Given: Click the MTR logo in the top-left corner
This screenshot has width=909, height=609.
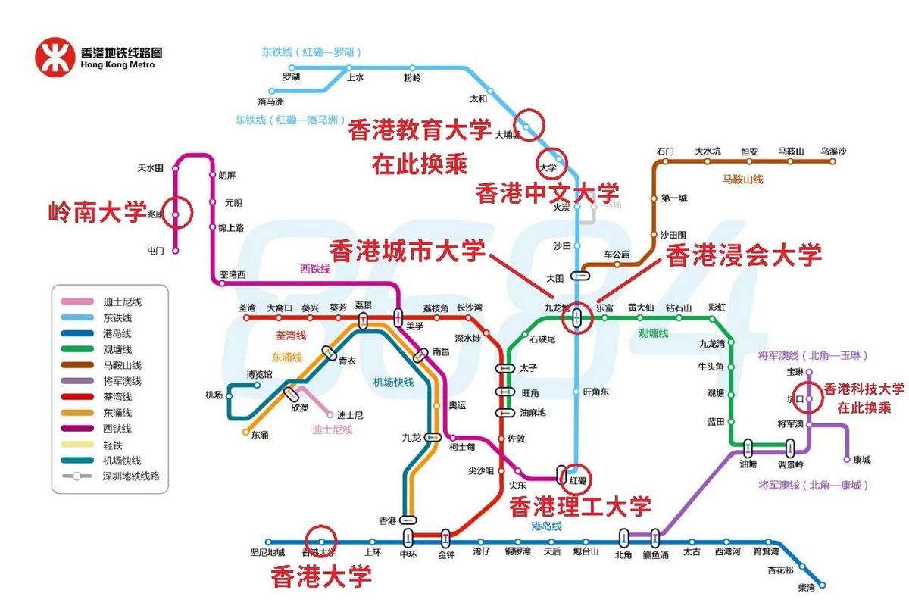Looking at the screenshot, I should [55, 58].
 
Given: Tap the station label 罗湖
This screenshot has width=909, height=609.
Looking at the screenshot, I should [291, 77].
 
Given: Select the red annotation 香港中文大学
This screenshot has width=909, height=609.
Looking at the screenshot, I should [547, 192].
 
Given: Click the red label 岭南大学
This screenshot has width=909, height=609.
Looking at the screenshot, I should [97, 211].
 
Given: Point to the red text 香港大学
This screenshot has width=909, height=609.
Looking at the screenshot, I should [321, 577].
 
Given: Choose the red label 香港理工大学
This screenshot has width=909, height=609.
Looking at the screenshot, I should [579, 506].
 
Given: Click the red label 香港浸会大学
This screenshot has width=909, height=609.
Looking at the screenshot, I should [743, 255].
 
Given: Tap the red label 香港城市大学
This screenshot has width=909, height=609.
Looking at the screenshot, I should [408, 249].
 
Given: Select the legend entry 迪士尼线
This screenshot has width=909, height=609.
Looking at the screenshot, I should [122, 302].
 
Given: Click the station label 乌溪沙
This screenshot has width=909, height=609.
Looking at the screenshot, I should [832, 151].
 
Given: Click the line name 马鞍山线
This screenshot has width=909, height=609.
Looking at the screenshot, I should [742, 180].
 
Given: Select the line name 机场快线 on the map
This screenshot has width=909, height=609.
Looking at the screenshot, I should [393, 383].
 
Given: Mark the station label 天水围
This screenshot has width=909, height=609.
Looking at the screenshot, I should [150, 167].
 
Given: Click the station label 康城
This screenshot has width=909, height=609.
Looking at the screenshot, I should [861, 460].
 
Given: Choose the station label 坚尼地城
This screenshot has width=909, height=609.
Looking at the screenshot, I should [267, 552].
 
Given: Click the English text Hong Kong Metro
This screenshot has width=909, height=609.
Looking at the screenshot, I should [117, 65].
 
